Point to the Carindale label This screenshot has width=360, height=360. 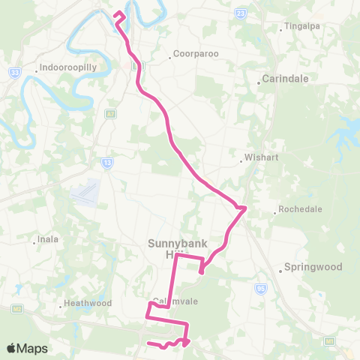pyautogui.click(x=283, y=78)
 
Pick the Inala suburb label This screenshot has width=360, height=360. pyautogui.click(x=47, y=241)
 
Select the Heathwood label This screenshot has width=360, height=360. pyautogui.click(x=87, y=303)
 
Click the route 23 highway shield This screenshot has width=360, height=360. pyautogui.click(x=239, y=13)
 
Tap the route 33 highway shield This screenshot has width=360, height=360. pyautogui.click(x=14, y=72)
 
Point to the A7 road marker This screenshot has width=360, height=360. pyautogui.click(x=111, y=114)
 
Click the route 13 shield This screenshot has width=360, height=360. pyautogui.click(x=108, y=161)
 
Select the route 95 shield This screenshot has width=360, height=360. pyautogui.click(x=260, y=287)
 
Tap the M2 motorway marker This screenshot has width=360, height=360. pyautogui.click(x=16, y=308)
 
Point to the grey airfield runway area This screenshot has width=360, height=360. pyautogui.click(x=86, y=192)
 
